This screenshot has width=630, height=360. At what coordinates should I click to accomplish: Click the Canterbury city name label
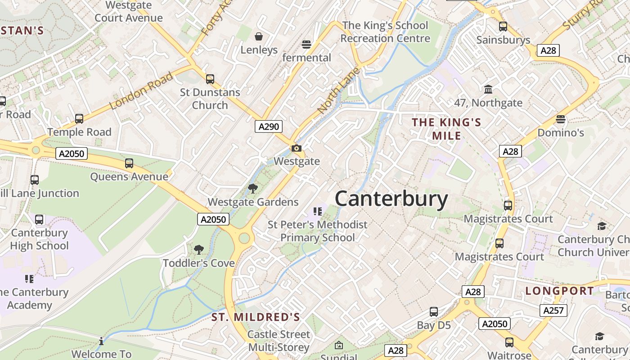391,199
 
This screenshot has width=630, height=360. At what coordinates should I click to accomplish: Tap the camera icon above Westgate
296,148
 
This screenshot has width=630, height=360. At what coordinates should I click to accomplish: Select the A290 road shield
269,126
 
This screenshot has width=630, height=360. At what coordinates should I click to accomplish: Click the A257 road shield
553,310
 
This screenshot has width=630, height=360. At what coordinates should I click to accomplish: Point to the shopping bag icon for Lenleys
259,36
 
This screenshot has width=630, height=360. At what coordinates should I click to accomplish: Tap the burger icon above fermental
306,44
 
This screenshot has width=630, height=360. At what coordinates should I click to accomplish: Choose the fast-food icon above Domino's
560,119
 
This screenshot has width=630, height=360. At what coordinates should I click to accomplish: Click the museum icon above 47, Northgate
488,89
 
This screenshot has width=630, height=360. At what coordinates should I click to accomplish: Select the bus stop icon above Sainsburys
503,27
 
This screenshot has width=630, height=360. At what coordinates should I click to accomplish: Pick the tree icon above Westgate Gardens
253,189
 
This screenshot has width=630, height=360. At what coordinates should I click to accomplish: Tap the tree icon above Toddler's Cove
198,250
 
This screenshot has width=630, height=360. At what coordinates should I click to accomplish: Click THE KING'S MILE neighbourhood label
446,129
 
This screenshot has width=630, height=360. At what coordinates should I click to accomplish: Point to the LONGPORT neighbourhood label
560,291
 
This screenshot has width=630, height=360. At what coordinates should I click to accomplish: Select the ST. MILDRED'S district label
256,317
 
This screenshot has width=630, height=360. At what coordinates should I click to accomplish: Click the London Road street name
141,91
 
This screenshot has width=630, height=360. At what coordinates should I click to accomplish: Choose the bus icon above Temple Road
79,119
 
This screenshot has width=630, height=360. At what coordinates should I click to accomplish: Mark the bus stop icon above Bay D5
434,311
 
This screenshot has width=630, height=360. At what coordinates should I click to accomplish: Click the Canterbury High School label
40,239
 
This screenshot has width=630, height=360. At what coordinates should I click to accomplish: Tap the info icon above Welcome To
101,341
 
